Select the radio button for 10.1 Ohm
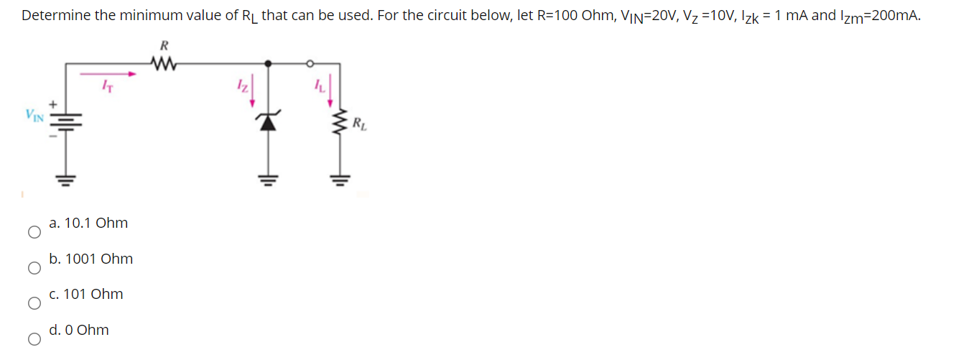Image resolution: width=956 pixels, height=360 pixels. [33, 232]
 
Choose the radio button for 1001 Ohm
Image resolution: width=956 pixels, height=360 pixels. [33, 268]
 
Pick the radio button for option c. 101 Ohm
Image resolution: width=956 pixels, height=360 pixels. [33, 303]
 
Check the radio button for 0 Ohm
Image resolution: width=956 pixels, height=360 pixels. [33, 339]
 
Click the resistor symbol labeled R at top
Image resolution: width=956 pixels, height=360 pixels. [164, 64]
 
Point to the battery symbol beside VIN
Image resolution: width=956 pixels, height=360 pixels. [65, 119]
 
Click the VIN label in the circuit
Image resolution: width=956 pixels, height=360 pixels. [34, 113]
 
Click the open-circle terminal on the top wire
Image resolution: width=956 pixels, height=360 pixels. [311, 63]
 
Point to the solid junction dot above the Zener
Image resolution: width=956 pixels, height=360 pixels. [269, 63]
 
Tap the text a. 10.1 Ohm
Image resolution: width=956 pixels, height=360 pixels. [88, 223]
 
